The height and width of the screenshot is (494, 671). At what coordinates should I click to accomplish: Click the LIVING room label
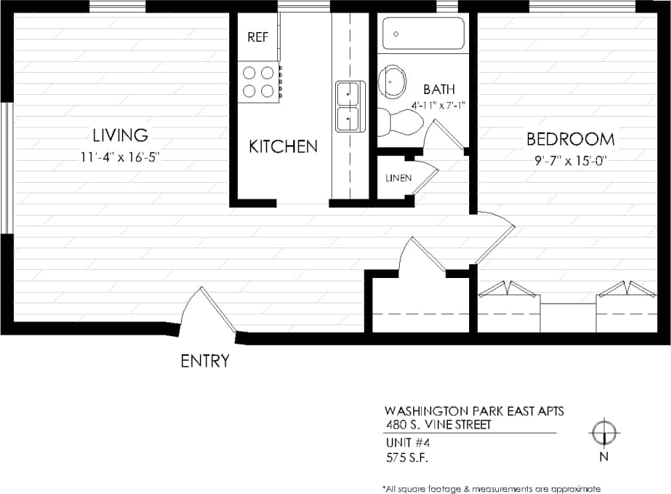click(x=120, y=135)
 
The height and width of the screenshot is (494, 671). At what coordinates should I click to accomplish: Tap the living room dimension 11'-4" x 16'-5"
click(x=120, y=158)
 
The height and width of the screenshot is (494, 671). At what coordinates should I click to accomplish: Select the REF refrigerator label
click(x=258, y=37)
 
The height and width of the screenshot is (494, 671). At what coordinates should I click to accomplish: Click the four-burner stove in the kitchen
click(x=259, y=81)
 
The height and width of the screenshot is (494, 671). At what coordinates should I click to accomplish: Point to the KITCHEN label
click(x=283, y=147)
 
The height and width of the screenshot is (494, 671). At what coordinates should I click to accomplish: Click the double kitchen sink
click(x=350, y=106)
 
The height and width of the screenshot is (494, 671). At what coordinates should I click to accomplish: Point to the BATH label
click(x=439, y=89)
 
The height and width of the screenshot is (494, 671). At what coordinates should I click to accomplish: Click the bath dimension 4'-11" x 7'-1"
click(x=438, y=105)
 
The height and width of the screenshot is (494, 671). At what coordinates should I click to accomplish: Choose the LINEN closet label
click(x=398, y=178)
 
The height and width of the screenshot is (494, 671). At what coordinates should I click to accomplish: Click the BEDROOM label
click(x=570, y=139)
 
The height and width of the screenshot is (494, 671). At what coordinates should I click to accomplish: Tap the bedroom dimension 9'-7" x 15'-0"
click(x=570, y=160)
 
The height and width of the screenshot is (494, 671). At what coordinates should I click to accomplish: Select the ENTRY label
click(x=205, y=361)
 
